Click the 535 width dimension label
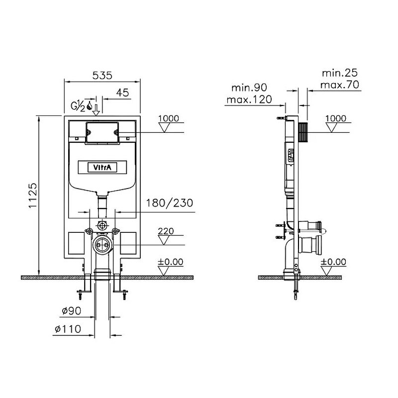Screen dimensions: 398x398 [102, 76]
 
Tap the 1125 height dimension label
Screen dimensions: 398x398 [33, 196]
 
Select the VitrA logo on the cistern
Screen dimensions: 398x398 [102, 168]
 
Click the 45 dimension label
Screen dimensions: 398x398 [122, 93]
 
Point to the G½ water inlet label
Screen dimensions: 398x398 [78, 106]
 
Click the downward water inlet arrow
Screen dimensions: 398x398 [96, 110]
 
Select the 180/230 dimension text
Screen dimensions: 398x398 [169, 203]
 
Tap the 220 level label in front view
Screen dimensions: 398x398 [166, 231]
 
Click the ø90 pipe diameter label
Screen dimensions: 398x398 [72, 310]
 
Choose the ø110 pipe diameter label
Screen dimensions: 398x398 [68, 329]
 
